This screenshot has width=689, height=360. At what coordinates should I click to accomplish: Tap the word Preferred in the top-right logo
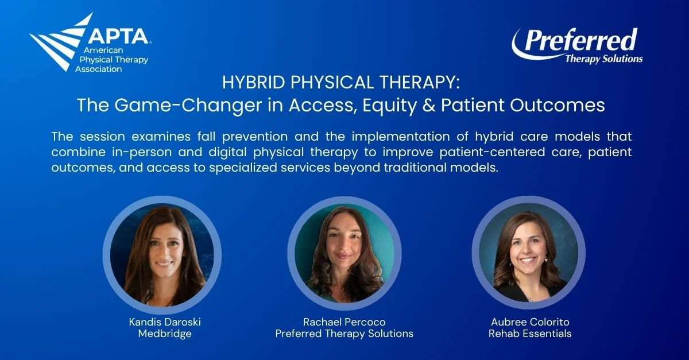[x=580, y=40]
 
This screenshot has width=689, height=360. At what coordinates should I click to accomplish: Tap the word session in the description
[x=102, y=136]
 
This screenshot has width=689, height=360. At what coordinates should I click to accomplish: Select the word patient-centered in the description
[x=492, y=152]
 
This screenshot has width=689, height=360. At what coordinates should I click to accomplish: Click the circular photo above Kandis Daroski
[x=162, y=255]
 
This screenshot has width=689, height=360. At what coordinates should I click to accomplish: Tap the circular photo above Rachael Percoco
[x=344, y=253]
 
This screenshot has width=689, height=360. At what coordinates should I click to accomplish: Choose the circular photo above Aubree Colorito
[x=528, y=253]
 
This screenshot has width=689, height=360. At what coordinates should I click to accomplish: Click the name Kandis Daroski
[x=165, y=322]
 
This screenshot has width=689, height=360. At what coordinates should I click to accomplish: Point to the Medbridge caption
[x=165, y=334]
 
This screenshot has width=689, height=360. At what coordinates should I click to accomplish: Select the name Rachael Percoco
[x=344, y=322]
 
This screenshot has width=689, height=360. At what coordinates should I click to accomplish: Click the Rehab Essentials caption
[x=529, y=334]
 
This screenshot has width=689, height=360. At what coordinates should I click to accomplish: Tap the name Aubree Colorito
[x=530, y=322]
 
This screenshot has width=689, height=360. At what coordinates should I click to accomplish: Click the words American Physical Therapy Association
[x=112, y=60]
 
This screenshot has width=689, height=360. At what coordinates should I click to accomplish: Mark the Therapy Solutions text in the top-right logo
[x=604, y=59]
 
